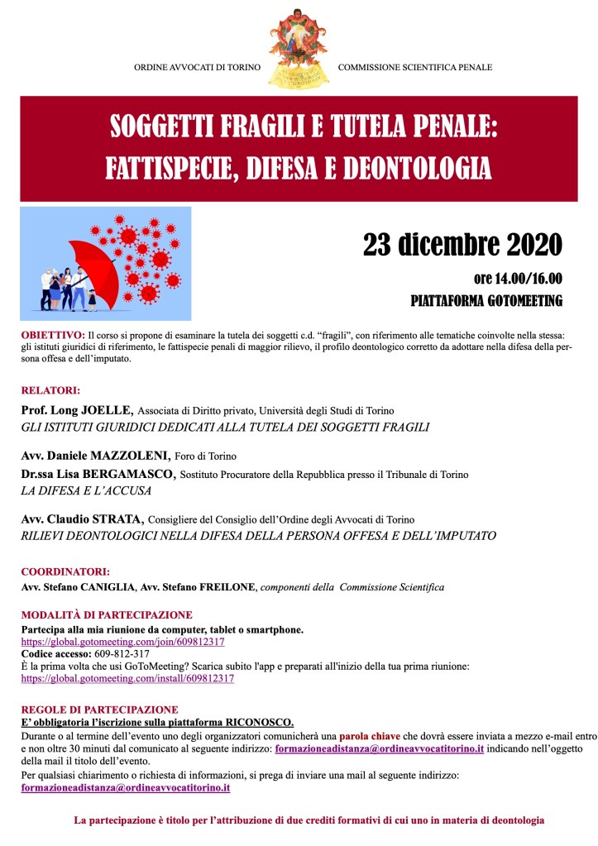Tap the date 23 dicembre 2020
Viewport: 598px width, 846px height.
tap(462, 244)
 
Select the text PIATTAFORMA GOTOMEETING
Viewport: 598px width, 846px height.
tap(486, 300)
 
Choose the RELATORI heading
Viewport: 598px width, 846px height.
tap(50, 390)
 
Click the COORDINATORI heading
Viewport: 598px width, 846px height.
tap(65, 571)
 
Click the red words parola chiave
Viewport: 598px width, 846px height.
tap(371, 735)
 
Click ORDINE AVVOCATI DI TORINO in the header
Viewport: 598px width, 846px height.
tap(197, 67)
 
